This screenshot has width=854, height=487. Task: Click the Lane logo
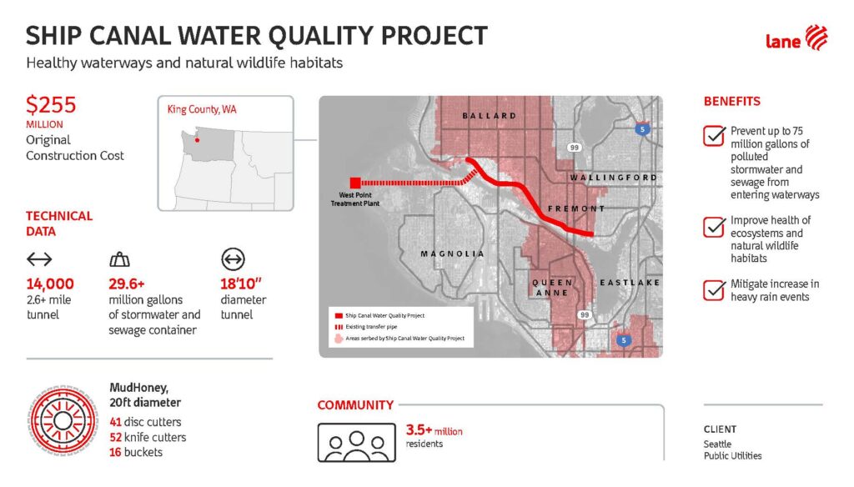[796, 39]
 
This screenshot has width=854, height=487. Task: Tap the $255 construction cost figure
[51, 104]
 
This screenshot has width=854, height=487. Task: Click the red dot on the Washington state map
[197, 140]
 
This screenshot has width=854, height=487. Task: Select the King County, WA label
[202, 109]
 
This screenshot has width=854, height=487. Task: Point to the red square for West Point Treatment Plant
[355, 183]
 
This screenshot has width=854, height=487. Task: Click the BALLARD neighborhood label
[489, 115]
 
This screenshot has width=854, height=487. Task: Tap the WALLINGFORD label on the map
[614, 178]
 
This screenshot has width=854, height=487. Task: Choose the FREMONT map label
[576, 208]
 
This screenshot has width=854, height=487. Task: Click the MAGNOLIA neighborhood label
[452, 254]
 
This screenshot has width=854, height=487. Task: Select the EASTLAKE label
[630, 283]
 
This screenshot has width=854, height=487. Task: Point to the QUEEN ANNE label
[552, 288]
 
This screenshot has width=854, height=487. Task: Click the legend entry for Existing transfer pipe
[366, 327]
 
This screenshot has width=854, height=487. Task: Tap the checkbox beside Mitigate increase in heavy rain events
[714, 290]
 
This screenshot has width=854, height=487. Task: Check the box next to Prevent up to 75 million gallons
[714, 136]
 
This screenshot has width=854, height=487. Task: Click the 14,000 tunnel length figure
[50, 284]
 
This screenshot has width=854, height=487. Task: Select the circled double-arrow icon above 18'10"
[234, 259]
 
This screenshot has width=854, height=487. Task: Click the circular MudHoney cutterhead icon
[63, 420]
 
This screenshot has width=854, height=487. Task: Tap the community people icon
[357, 442]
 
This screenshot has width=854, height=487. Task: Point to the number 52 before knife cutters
[115, 437]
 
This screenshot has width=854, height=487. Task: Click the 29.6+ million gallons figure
[127, 284]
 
